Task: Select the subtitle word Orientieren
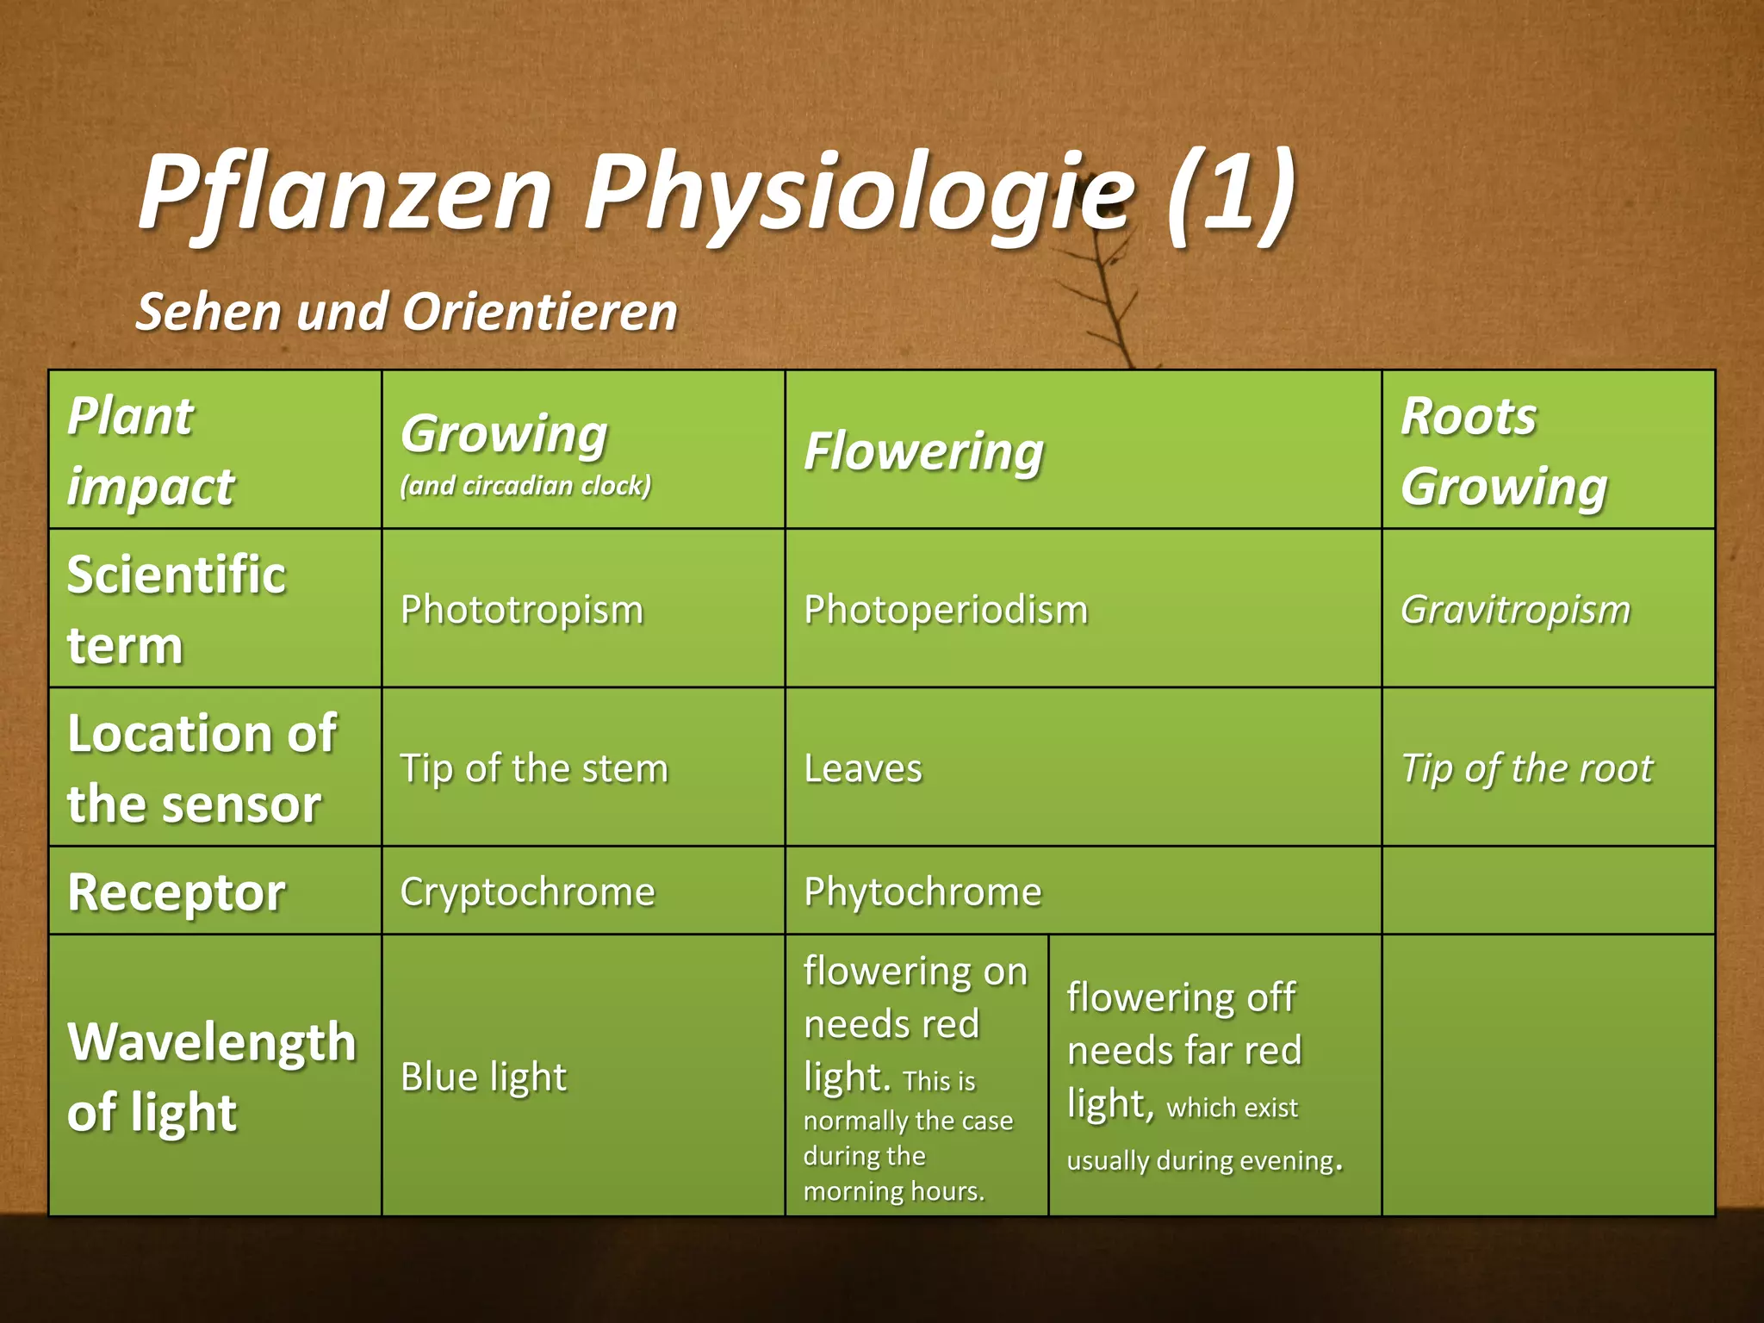[x=540, y=312]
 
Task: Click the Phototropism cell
[x=522, y=610]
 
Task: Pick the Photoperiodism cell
[x=946, y=610]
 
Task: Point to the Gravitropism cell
[x=1515, y=610]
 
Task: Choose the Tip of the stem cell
[x=534, y=768]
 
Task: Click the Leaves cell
[x=863, y=768]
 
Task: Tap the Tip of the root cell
[x=1526, y=768]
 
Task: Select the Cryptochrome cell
[x=527, y=891]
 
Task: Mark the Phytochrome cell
[x=922, y=891]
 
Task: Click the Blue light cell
[x=483, y=1077]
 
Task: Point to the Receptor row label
[x=177, y=892]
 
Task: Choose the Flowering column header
[x=923, y=451]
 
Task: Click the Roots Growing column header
[x=1503, y=451]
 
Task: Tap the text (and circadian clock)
[x=525, y=486]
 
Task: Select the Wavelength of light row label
[x=211, y=1077]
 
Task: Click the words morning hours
[x=893, y=1191]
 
